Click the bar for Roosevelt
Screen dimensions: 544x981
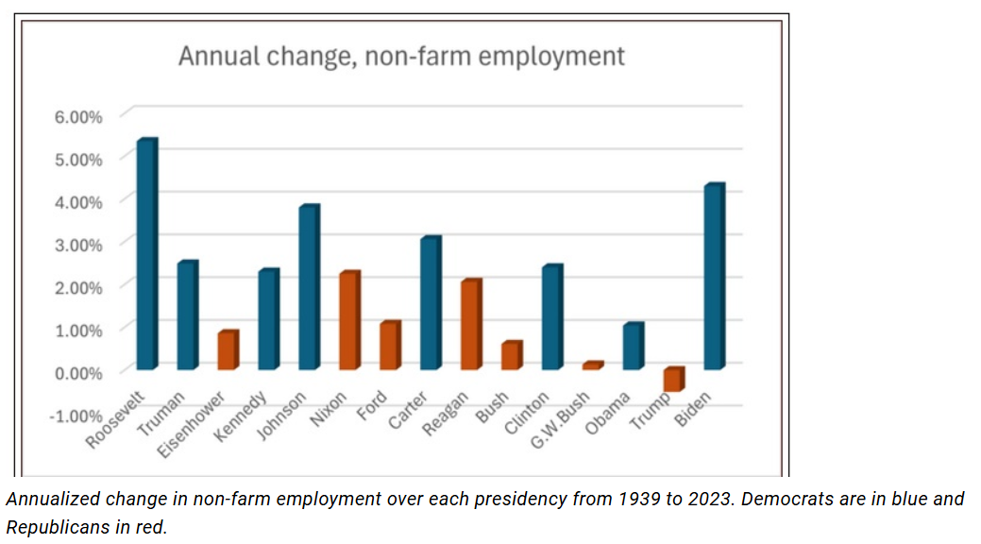[x=146, y=254]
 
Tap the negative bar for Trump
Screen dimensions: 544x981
[x=673, y=380]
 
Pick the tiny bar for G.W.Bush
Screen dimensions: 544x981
[x=592, y=365]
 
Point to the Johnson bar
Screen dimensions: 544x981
[x=309, y=287]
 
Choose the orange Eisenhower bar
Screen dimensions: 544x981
[x=228, y=350]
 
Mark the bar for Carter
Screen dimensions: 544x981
[x=430, y=303]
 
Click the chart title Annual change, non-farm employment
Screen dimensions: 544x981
[x=401, y=56]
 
